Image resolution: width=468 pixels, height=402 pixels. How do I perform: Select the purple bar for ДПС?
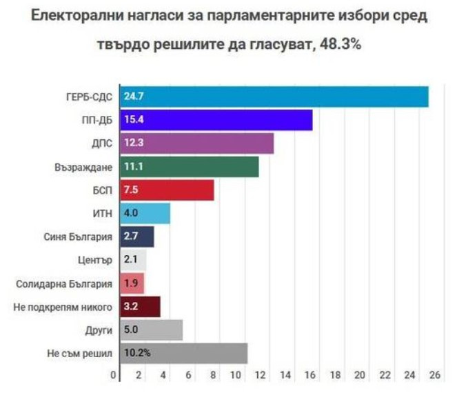[197, 143]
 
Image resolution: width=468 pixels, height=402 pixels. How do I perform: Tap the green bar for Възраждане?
[190, 167]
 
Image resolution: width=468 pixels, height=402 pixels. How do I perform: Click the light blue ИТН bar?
[145, 214]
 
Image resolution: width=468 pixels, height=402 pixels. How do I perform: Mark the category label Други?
[99, 330]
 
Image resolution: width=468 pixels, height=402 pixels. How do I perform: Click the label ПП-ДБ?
[97, 120]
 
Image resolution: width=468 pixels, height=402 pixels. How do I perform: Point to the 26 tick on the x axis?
[434, 375]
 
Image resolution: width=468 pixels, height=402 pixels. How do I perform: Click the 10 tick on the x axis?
[236, 375]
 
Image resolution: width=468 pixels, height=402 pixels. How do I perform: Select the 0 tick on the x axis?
[114, 375]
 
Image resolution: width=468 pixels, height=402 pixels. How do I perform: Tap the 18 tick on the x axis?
[335, 375]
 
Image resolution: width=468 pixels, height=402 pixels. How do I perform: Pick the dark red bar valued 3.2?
[141, 307]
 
